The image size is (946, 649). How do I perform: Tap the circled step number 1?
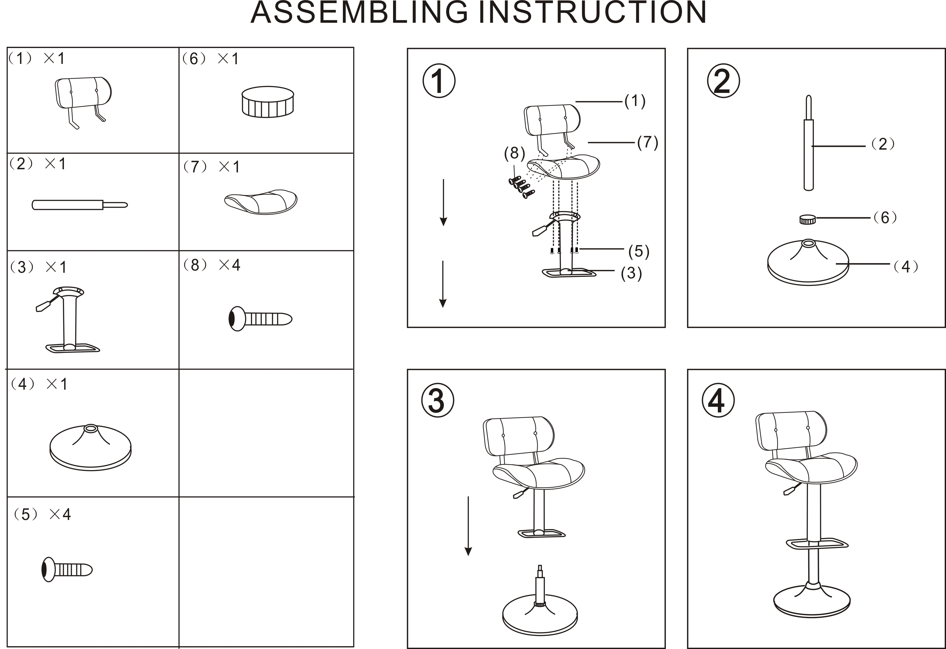tap(439, 81)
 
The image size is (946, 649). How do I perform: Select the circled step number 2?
tap(723, 81)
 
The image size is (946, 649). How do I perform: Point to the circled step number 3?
tap(438, 400)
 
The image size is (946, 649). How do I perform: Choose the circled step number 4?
tap(718, 400)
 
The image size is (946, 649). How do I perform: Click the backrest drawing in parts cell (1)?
tap(83, 102)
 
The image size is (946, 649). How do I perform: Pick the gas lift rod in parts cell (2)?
tap(80, 204)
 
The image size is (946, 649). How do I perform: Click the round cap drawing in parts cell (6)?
tap(267, 102)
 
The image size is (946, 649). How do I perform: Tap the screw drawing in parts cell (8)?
tap(260, 319)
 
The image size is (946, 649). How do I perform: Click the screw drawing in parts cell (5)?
tap(67, 569)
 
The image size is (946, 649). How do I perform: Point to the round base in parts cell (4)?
tap(90, 448)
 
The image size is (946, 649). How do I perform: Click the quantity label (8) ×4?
tap(212, 265)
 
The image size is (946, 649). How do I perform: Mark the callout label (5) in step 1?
tap(639, 251)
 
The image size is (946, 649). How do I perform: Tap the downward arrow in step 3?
tap(468, 526)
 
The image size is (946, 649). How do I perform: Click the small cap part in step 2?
tap(808, 219)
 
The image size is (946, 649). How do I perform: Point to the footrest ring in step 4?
tap(817, 544)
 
